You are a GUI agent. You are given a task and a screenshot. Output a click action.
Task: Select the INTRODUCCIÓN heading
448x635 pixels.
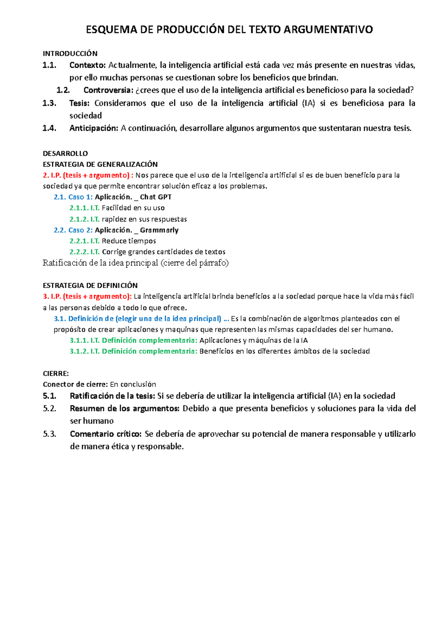[70, 53]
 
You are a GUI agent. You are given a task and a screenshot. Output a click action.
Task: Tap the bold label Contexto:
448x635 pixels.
[88, 65]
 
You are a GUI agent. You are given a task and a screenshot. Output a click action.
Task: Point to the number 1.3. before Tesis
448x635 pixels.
[49, 103]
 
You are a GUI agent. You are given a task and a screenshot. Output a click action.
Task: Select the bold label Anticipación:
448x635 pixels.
[94, 128]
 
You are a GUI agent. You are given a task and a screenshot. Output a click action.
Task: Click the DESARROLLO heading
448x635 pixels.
[65, 153]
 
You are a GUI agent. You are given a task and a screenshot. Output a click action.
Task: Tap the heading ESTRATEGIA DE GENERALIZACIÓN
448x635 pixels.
[100, 164]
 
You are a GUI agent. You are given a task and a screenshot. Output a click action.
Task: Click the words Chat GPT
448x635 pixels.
[156, 197]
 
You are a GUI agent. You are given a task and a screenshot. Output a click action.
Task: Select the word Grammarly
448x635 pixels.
[159, 230]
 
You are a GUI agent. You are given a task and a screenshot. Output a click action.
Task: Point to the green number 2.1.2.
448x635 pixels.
[79, 219]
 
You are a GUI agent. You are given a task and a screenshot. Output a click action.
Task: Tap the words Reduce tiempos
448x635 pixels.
[129, 241]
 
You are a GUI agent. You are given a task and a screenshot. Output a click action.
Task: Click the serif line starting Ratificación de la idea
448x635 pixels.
[136, 263]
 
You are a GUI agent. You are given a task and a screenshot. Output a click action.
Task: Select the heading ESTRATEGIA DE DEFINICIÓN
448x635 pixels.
[90, 285]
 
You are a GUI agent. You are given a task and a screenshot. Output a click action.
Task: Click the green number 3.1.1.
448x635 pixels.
[79, 340]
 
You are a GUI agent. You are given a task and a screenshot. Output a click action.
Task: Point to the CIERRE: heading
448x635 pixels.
[56, 374]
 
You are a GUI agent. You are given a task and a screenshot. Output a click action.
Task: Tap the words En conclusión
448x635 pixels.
[133, 384]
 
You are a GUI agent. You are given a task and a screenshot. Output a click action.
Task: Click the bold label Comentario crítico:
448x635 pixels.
[106, 434]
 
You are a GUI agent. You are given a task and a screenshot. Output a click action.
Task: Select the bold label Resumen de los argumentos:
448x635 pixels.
[125, 408]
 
